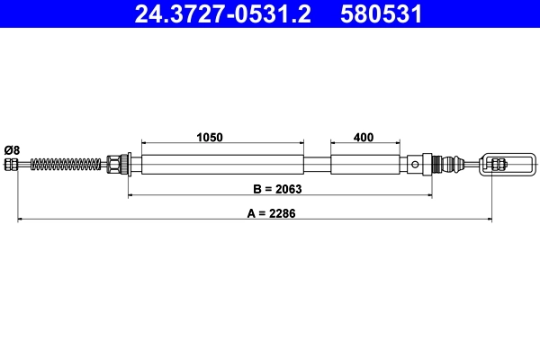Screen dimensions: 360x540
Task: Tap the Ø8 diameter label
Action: [x=12, y=148]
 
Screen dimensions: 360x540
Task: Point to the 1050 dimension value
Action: [x=210, y=138]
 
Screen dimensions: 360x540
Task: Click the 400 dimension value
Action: [x=364, y=138]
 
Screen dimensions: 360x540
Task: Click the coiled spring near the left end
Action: [x=68, y=165]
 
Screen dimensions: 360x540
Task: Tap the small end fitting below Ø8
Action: [x=12, y=165]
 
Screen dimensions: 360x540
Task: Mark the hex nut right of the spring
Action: [x=116, y=165]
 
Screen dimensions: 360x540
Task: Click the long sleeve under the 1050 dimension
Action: [x=221, y=165]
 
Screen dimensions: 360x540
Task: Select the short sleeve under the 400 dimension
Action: [x=364, y=165]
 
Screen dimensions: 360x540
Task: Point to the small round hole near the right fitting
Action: [x=414, y=164]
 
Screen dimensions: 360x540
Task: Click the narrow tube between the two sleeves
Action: [x=317, y=165]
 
